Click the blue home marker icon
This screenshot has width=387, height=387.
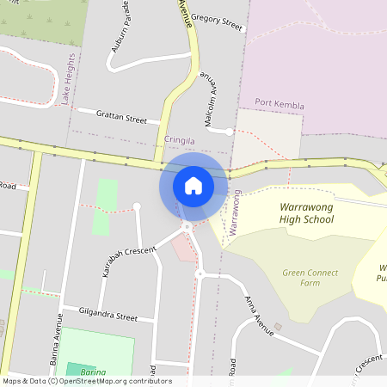(193, 185)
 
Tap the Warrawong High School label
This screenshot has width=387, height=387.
(307, 212)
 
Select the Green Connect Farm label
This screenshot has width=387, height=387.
(310, 278)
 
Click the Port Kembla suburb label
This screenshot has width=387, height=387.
(279, 106)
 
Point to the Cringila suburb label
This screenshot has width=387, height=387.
(181, 139)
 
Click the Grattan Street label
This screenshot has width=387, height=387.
(121, 117)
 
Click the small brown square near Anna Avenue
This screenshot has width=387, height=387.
(278, 326)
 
